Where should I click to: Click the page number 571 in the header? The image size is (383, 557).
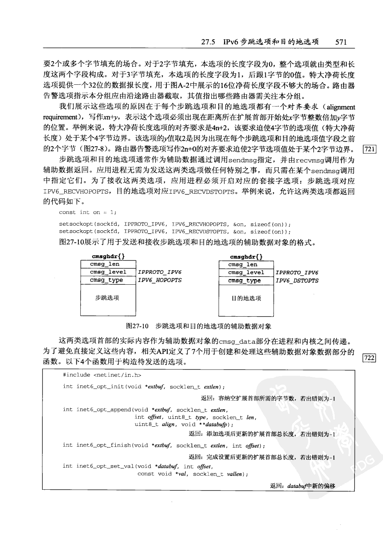(341, 42)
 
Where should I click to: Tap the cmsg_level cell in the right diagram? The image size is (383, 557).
(246, 273)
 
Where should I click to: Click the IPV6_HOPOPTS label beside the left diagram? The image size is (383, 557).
(160, 280)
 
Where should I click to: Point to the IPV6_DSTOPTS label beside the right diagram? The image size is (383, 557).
(297, 280)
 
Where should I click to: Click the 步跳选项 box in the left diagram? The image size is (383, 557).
(107, 298)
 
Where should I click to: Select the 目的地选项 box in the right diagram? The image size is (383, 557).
(246, 298)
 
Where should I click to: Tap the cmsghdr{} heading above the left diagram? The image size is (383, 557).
(108, 256)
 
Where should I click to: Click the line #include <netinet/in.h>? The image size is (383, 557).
(102, 375)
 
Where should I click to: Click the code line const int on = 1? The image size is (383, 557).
(88, 212)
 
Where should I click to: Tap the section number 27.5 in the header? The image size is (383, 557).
(208, 42)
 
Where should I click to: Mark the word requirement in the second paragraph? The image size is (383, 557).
(60, 117)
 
